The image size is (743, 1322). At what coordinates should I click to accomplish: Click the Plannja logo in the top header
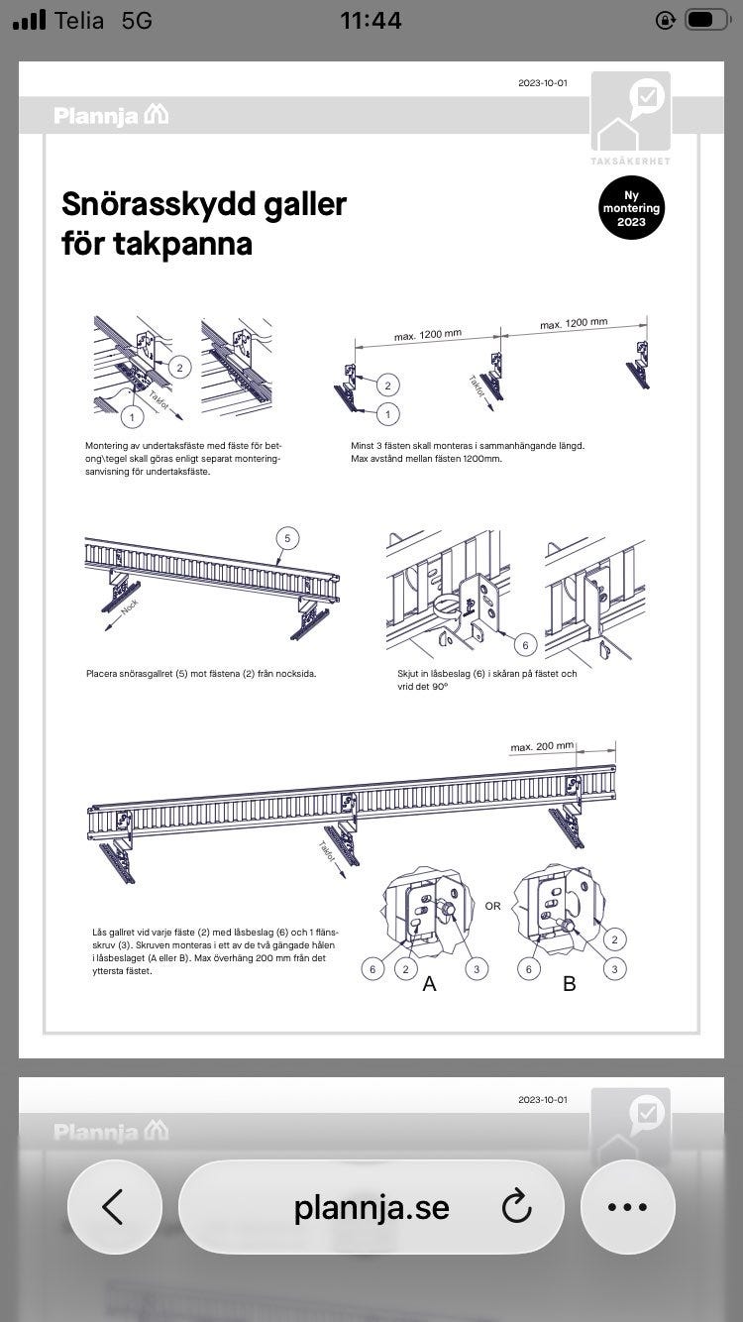tap(111, 115)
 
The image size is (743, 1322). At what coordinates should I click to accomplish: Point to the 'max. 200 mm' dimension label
tap(542, 746)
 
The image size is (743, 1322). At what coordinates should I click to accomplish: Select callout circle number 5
tap(287, 539)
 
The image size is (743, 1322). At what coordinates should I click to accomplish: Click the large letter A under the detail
tap(429, 983)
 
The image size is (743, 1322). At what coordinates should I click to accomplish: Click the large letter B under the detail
tap(570, 983)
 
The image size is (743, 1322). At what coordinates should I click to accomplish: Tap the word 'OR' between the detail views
tap(492, 906)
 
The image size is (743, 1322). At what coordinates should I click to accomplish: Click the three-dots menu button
tap(627, 1207)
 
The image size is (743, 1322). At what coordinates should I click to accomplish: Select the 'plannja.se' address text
tap(371, 1207)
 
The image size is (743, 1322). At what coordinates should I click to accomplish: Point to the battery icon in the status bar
tap(706, 20)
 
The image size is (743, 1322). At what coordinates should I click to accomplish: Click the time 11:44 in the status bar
tap(371, 20)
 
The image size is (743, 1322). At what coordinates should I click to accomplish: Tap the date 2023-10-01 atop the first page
tap(542, 83)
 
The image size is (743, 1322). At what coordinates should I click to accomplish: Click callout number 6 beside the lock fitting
tap(525, 645)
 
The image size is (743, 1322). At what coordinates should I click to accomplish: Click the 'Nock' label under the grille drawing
tap(129, 606)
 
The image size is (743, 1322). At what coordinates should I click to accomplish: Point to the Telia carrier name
tap(80, 20)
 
